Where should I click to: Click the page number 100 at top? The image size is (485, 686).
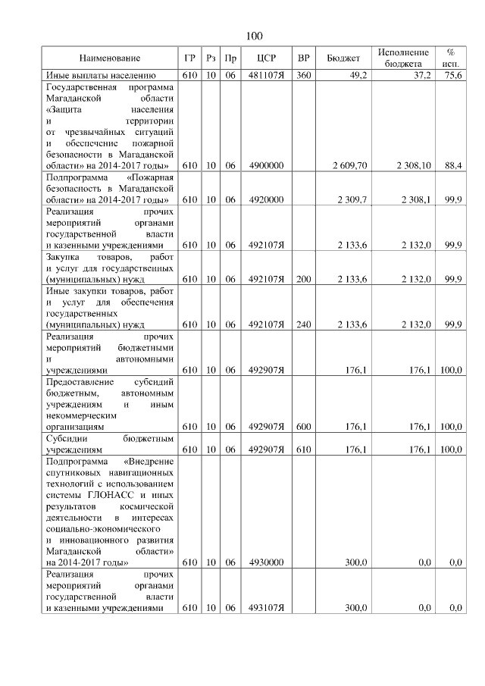coord(255,36)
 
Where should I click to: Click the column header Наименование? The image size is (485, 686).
coord(110,58)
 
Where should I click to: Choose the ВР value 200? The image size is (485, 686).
coord(304,280)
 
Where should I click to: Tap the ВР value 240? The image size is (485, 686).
coord(304,324)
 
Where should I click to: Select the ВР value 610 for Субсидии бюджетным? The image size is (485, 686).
coord(304,450)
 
